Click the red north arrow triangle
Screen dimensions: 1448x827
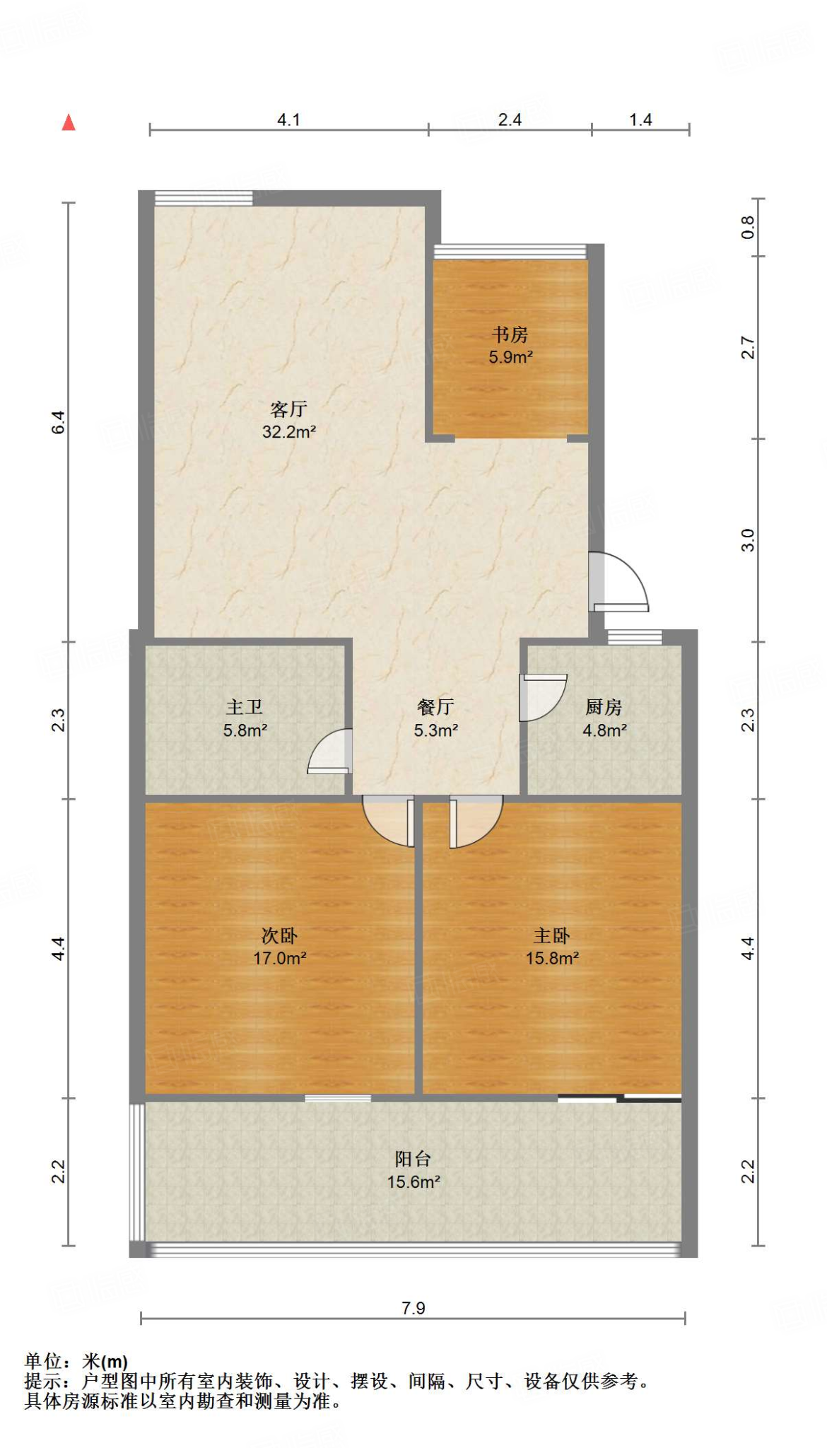tap(69, 122)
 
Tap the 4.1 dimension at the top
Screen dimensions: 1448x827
tap(288, 119)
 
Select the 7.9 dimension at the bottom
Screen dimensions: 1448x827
tap(413, 1308)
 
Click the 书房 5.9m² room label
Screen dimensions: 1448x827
tap(510, 346)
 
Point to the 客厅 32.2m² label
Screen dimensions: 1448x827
tap(288, 420)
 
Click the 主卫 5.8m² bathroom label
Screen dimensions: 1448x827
tap(245, 718)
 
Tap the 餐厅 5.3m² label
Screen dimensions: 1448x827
tap(435, 718)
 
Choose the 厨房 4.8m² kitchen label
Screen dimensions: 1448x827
tap(604, 718)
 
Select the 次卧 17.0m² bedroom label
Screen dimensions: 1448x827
tap(280, 947)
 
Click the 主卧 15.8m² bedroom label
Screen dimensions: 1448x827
tap(552, 947)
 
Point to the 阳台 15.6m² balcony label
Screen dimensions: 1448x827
tap(413, 1170)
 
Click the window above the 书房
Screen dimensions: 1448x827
tap(510, 251)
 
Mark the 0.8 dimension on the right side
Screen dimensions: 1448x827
tap(748, 228)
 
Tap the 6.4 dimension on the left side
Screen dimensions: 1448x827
tap(59, 422)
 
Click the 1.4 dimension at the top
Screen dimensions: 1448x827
tap(640, 119)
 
